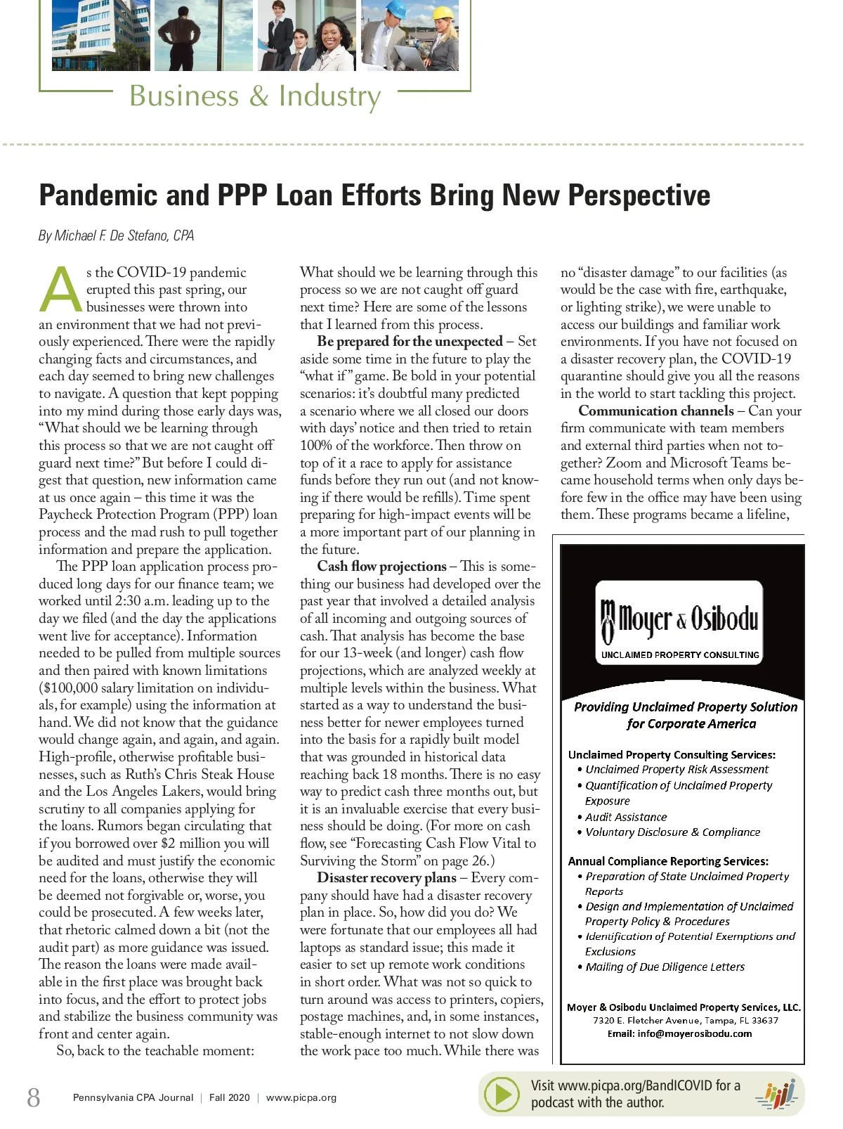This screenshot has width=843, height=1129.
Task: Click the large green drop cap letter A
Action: point(62,290)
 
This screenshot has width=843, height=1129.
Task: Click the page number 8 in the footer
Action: point(33,1097)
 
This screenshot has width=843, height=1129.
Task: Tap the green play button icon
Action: point(503,1095)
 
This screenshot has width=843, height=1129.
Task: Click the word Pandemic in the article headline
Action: point(98,195)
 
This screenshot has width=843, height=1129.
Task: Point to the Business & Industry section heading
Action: point(255,96)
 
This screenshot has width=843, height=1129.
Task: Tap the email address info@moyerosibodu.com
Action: point(694,1033)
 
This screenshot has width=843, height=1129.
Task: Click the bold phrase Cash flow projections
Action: point(381,567)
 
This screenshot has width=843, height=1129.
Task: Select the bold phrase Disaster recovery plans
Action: point(386,877)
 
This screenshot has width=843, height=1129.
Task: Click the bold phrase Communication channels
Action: point(655,411)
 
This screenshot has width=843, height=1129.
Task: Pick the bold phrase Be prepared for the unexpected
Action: point(410,342)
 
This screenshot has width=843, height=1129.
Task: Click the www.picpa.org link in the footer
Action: point(301,1097)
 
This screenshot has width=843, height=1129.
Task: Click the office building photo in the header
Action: point(100,35)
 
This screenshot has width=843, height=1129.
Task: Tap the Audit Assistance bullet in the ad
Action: point(626,817)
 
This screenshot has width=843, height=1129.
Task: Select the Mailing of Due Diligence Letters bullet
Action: point(665,967)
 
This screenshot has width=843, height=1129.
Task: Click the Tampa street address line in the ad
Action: point(685,1020)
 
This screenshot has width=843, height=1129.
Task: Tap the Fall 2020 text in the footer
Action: point(229,1097)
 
